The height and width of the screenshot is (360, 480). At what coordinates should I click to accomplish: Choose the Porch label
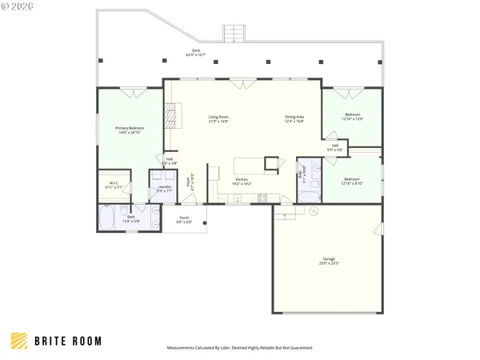pos(184,219)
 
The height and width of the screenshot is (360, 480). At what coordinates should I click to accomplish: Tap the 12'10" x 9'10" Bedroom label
pos(353,181)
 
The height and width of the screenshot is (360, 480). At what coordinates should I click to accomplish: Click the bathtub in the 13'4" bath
pos(108,218)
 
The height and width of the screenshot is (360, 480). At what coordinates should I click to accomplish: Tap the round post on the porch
pos(206,224)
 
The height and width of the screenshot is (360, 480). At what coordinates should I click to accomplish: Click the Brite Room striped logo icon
pos(19,340)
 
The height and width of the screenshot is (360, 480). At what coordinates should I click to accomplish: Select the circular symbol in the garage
pos(314,212)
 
